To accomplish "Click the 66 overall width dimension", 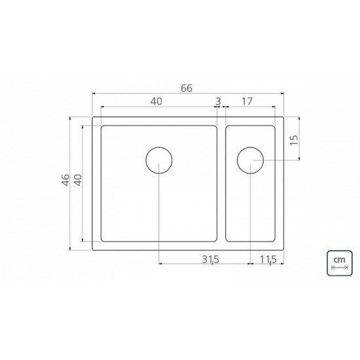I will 187,88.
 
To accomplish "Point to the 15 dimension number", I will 294,139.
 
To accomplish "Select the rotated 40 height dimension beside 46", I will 78,179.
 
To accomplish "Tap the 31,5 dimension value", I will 210,259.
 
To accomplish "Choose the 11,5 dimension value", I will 268,259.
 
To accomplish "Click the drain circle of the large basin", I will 159,160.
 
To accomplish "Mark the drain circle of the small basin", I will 250,160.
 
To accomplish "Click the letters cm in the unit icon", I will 339,260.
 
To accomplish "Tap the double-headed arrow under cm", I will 339,268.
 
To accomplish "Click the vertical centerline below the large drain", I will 159,216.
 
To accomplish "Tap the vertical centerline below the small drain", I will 250,216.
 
